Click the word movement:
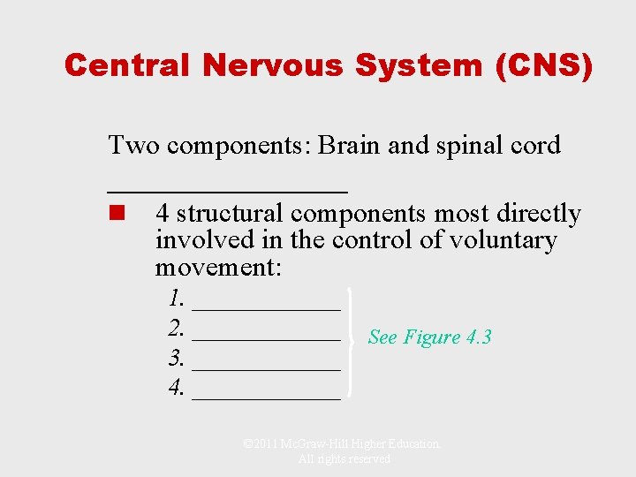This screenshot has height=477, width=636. click(x=218, y=267)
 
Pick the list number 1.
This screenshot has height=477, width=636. click(x=177, y=298)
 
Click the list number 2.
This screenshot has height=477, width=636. click(x=177, y=329)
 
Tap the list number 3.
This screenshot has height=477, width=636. click(x=177, y=359)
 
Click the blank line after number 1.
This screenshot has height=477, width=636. click(x=266, y=308)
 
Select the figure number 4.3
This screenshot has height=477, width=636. click(x=478, y=337)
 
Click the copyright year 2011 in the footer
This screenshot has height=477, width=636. click(x=263, y=444)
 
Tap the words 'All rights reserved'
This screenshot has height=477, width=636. click(x=344, y=459)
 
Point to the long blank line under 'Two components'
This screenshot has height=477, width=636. click(x=227, y=189)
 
